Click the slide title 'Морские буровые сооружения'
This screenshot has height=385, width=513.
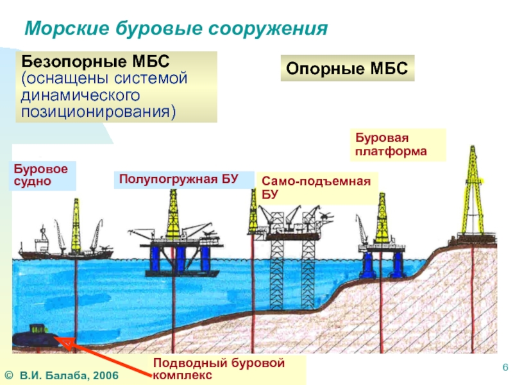176,28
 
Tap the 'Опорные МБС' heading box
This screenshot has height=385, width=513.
348,68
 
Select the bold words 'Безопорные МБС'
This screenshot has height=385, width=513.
96,62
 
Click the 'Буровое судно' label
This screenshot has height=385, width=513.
42,175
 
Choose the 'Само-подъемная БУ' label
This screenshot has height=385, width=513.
317,187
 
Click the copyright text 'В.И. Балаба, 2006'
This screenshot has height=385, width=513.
69,375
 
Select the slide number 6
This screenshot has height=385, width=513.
505,367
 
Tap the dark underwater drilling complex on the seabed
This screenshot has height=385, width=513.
35,338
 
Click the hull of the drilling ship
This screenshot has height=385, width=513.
65,255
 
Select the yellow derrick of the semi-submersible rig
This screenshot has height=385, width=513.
173,214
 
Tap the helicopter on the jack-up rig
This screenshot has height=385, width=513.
326,216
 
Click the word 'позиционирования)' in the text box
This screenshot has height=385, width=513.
99,112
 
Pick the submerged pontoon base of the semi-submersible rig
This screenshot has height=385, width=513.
183,274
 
